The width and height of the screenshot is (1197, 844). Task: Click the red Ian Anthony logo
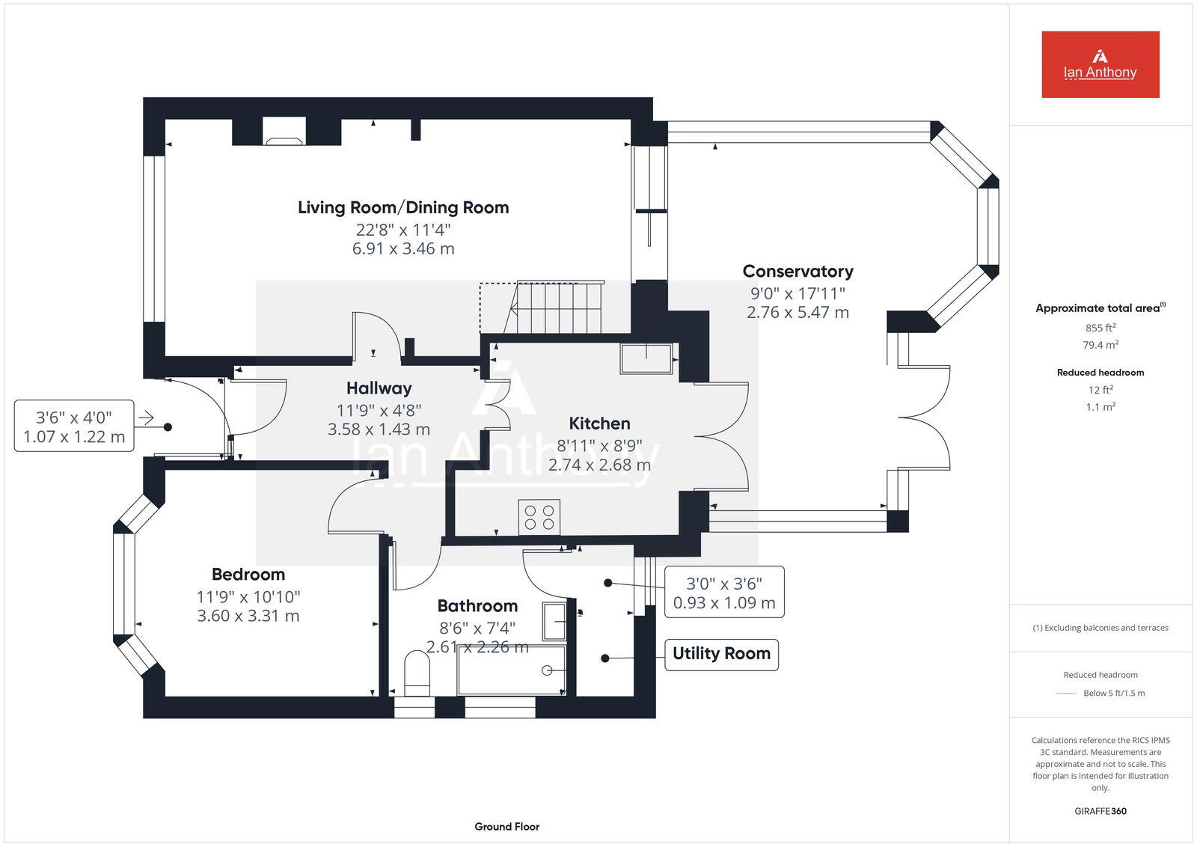pyautogui.click(x=1100, y=64)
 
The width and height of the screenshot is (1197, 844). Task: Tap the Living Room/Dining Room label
pyautogui.click(x=403, y=207)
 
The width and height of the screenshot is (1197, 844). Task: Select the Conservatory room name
pyautogui.click(x=798, y=272)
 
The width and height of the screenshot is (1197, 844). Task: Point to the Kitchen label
pyautogui.click(x=599, y=423)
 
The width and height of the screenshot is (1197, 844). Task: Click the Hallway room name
pyautogui.click(x=379, y=388)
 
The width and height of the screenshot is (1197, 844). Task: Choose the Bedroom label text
pyautogui.click(x=248, y=574)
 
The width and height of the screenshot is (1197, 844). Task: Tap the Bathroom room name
pyautogui.click(x=478, y=605)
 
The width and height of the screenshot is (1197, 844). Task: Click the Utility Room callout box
pyautogui.click(x=721, y=654)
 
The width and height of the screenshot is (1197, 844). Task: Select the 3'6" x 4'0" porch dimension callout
pyautogui.click(x=74, y=426)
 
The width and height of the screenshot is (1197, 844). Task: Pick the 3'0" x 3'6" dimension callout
pyautogui.click(x=724, y=593)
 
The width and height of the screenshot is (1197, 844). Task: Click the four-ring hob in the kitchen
pyautogui.click(x=539, y=517)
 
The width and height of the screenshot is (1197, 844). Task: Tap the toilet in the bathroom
pyautogui.click(x=417, y=673)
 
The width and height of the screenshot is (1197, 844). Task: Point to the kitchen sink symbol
pyautogui.click(x=646, y=358)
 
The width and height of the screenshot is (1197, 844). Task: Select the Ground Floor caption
pyautogui.click(x=507, y=826)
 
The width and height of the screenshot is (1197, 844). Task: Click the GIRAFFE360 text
pyautogui.click(x=1100, y=811)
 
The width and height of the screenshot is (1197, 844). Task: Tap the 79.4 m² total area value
pyautogui.click(x=1100, y=345)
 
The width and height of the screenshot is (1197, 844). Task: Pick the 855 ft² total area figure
pyautogui.click(x=1100, y=328)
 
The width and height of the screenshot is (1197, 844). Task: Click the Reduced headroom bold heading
pyautogui.click(x=1100, y=373)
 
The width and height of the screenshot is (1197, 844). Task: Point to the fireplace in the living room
pyautogui.click(x=284, y=132)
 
